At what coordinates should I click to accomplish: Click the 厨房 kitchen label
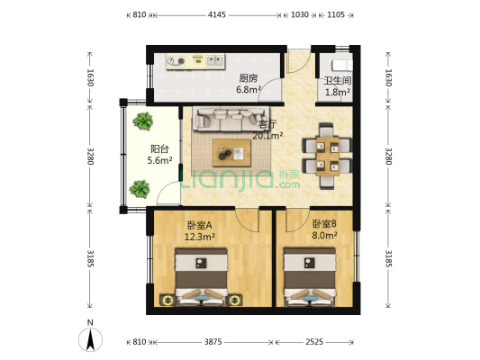tap(249, 78)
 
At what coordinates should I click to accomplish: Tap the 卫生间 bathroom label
tap(338, 80)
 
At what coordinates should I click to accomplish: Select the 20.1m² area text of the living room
tap(267, 137)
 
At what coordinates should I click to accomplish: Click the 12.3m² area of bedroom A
tap(199, 237)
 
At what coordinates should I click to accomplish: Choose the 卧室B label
tap(324, 223)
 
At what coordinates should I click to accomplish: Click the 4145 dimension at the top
tap(216, 15)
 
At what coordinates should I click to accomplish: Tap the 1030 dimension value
tap(300, 15)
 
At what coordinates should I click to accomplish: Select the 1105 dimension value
tap(335, 15)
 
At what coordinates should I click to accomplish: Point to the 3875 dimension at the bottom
tap(213, 343)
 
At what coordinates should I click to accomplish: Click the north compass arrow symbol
tap(90, 338)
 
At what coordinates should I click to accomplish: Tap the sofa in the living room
tap(225, 117)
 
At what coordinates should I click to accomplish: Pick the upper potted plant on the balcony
tap(140, 121)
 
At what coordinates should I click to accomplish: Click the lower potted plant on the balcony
tap(140, 188)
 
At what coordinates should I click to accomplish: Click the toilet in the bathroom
tap(341, 65)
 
